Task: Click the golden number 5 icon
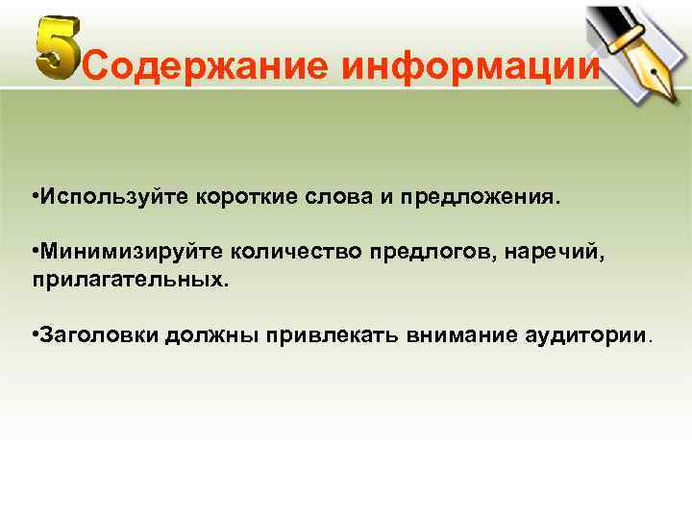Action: tap(57, 48)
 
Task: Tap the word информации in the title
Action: tap(471, 66)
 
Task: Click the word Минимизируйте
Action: tap(130, 252)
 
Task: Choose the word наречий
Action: tap(545, 253)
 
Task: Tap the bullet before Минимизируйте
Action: tap(34, 252)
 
